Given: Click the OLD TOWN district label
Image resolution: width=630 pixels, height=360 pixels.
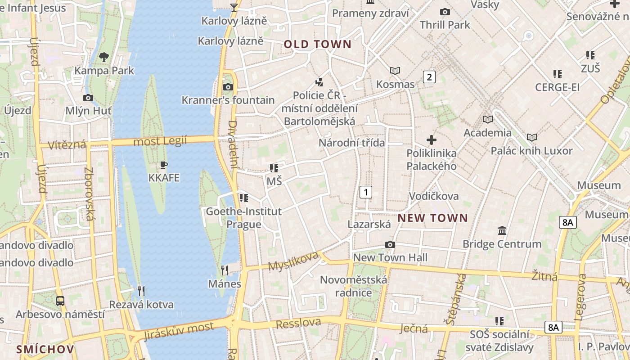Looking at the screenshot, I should point(317,44).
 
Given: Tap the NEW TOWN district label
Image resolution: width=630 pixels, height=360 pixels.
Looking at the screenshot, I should point(433,218).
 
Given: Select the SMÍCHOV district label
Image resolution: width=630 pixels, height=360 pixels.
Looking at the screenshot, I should point(45,349).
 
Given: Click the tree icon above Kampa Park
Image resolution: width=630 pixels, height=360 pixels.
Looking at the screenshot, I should point(104,57).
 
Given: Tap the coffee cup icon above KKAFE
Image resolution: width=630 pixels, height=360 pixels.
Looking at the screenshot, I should point(164,165).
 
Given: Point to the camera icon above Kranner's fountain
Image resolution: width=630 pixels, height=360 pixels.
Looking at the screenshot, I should point(228,87).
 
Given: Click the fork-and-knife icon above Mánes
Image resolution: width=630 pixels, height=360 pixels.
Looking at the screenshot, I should point(225,270).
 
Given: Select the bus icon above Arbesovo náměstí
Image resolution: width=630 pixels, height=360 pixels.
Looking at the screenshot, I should point(60,301).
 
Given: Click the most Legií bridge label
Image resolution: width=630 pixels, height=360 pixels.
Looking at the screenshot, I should point(160,141).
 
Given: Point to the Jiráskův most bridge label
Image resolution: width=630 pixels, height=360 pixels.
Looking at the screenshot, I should point(179,331).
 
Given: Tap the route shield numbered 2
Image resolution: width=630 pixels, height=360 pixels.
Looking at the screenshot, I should point(429,77).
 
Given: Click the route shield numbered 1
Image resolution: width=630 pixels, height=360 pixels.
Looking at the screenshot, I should point(366,192).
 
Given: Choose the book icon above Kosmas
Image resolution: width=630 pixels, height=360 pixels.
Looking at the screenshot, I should point(395,71).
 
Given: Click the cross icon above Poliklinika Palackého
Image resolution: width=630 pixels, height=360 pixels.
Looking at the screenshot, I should point(432,140).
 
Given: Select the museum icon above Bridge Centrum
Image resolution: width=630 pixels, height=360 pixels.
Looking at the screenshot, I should point(502,231).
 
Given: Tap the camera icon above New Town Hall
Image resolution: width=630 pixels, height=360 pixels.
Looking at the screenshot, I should point(390,244).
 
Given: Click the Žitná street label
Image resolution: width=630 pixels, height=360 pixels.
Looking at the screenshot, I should point(544,275).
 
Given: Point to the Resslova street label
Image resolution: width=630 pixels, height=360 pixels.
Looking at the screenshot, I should point(298,323).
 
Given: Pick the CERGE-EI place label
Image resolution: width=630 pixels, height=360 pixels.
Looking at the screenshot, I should point(557,87).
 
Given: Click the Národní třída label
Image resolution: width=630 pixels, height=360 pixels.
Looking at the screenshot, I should point(352,143).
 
